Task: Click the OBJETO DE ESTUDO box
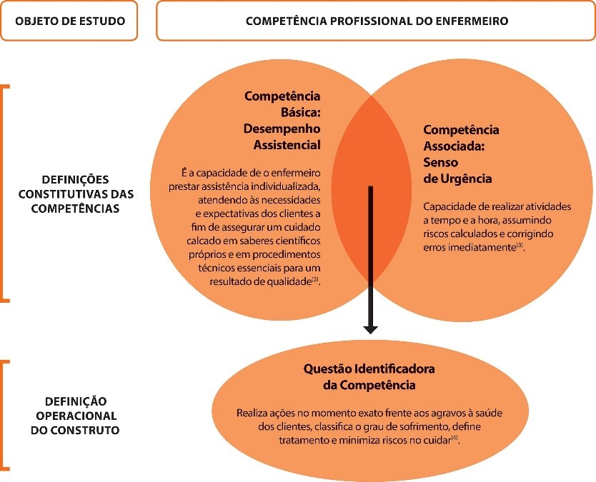click(x=69, y=21)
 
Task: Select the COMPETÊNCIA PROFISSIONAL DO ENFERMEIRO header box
click(x=376, y=21)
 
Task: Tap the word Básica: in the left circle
click(x=301, y=112)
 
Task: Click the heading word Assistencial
click(x=287, y=145)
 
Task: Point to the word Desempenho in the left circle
click(x=282, y=129)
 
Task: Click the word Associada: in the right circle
click(x=455, y=146)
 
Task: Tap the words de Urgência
click(x=457, y=179)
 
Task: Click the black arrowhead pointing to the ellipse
click(x=370, y=329)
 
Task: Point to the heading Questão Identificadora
click(x=369, y=368)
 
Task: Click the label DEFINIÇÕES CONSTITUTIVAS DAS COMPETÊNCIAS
click(x=76, y=194)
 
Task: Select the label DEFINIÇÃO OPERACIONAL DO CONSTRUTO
click(x=75, y=416)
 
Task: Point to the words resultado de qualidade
click(x=261, y=281)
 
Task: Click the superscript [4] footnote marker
click(x=455, y=438)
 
